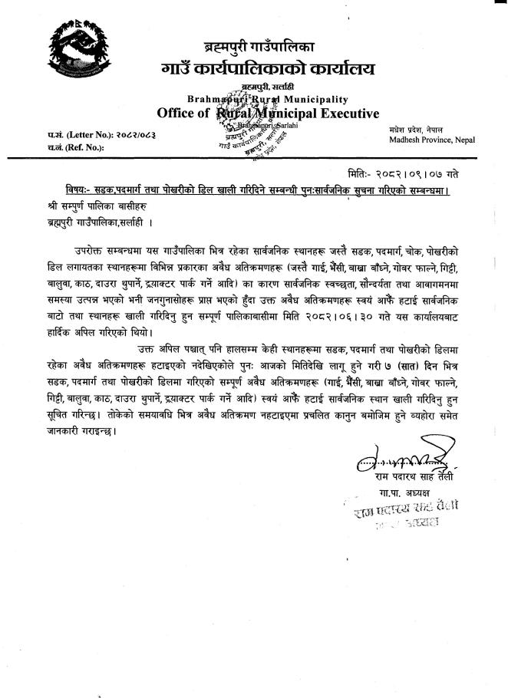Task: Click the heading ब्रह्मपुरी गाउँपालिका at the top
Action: [266, 44]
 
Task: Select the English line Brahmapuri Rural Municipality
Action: [267, 99]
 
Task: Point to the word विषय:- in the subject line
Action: [80, 189]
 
